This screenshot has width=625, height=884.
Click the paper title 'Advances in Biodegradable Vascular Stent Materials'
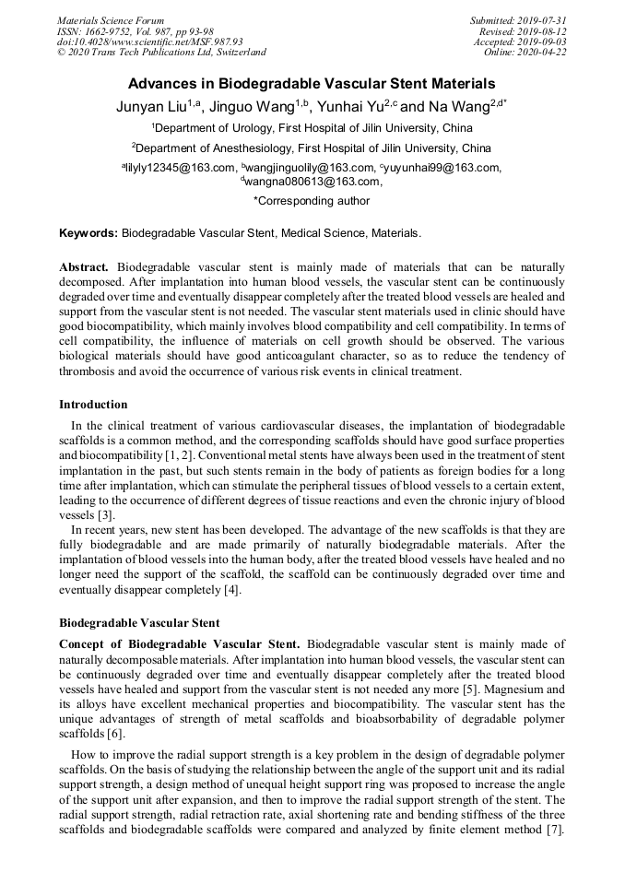pyautogui.click(x=312, y=83)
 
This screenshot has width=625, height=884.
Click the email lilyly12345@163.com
pyautogui.click(x=181, y=168)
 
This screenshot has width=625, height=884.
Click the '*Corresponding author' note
pyautogui.click(x=312, y=201)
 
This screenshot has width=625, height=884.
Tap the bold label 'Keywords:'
pyautogui.click(x=88, y=234)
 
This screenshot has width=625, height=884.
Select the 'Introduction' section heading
pyautogui.click(x=93, y=405)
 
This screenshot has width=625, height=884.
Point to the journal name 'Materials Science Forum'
pyautogui.click(x=111, y=20)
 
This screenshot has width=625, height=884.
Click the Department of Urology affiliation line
pyautogui.click(x=312, y=129)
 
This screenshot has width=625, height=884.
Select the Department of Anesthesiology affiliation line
pyautogui.click(x=312, y=148)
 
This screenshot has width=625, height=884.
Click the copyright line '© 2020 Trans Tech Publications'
pyautogui.click(x=161, y=52)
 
